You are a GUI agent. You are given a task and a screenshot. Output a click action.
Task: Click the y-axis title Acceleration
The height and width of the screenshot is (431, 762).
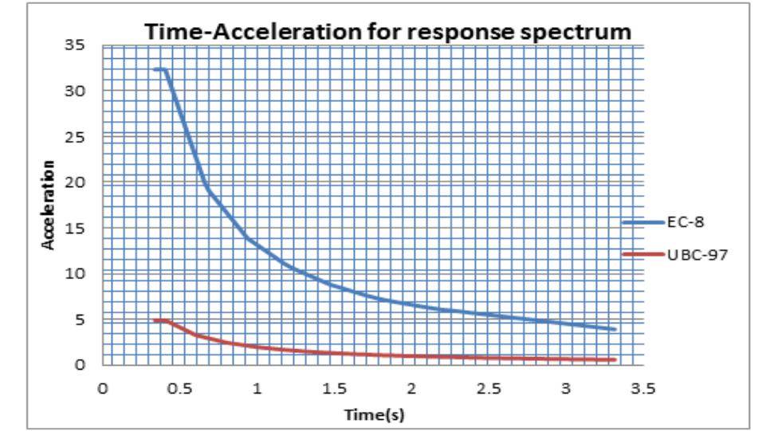49,204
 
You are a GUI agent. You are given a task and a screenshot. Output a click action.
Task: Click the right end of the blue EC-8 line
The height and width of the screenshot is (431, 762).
615,329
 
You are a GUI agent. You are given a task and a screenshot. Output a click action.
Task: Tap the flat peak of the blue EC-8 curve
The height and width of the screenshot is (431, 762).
160,69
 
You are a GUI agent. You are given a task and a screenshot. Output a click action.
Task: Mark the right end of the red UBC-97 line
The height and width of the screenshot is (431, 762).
615,360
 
